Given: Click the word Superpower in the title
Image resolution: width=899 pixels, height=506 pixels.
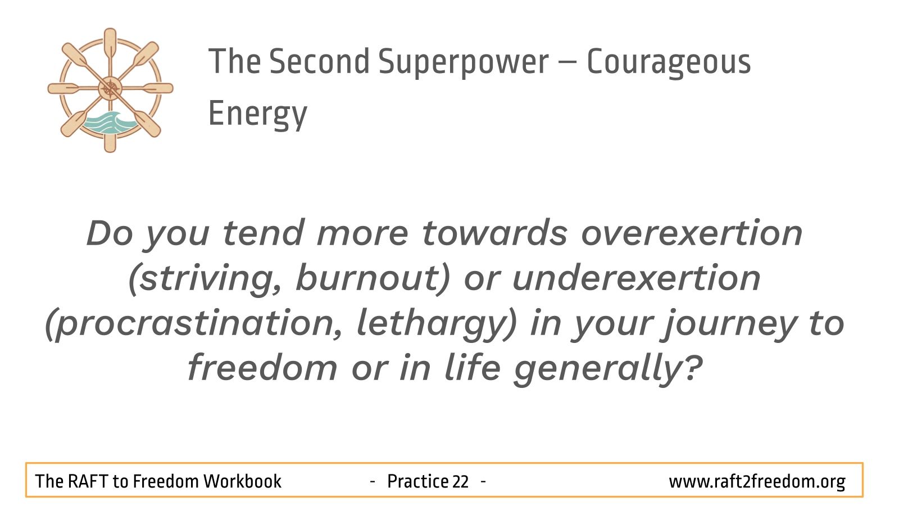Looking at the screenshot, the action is tap(464, 62).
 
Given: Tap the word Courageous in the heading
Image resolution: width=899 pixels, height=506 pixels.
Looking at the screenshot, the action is tap(669, 62).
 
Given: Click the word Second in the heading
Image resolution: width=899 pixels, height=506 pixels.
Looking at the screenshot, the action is tap(320, 61).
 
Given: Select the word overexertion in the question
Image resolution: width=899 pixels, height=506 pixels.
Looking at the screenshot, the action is tap(692, 233).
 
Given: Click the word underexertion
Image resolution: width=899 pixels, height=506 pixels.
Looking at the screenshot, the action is tap(636, 278).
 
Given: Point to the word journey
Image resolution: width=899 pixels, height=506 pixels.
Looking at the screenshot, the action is tap(729, 324).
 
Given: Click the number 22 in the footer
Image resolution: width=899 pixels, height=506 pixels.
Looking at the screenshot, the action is tap(460, 481).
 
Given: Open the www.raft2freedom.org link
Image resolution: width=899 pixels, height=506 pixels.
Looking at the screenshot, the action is tap(757, 481).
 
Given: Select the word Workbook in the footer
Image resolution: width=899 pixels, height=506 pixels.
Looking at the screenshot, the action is tap(242, 481).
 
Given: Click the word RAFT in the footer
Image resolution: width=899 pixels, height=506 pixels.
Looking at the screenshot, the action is tap(88, 481).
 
